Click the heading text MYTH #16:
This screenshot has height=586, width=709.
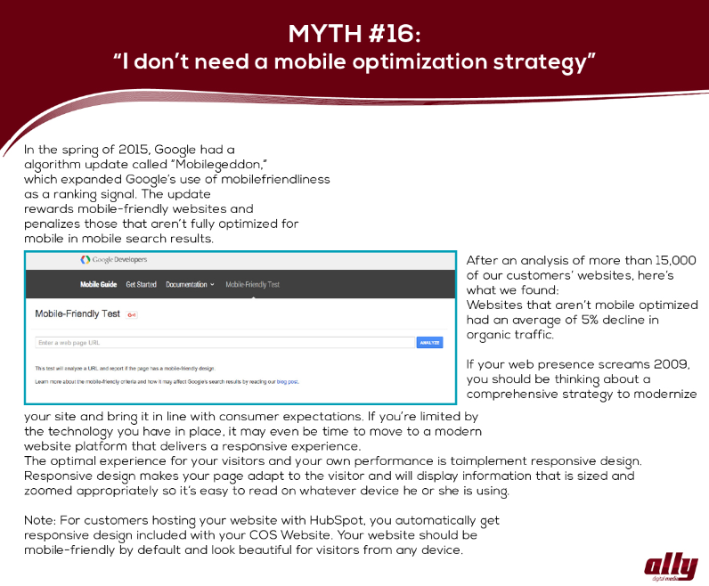click(x=354, y=34)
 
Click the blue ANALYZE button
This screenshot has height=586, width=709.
click(x=429, y=343)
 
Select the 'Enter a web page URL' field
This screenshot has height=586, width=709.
click(x=224, y=343)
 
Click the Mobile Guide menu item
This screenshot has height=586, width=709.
click(x=99, y=284)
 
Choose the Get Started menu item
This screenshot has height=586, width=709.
click(x=141, y=284)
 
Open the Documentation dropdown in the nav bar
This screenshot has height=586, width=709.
click(x=190, y=284)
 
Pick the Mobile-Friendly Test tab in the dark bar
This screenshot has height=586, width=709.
click(x=252, y=284)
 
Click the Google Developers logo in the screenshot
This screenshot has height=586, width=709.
click(x=113, y=259)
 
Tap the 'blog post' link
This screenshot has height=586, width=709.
click(x=288, y=382)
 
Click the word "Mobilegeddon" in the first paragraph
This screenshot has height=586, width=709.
click(x=218, y=165)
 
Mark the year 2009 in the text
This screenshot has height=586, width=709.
click(x=672, y=364)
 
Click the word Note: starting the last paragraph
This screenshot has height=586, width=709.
click(x=40, y=520)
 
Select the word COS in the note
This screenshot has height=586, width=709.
click(x=263, y=535)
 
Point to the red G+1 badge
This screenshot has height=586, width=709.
click(x=132, y=314)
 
